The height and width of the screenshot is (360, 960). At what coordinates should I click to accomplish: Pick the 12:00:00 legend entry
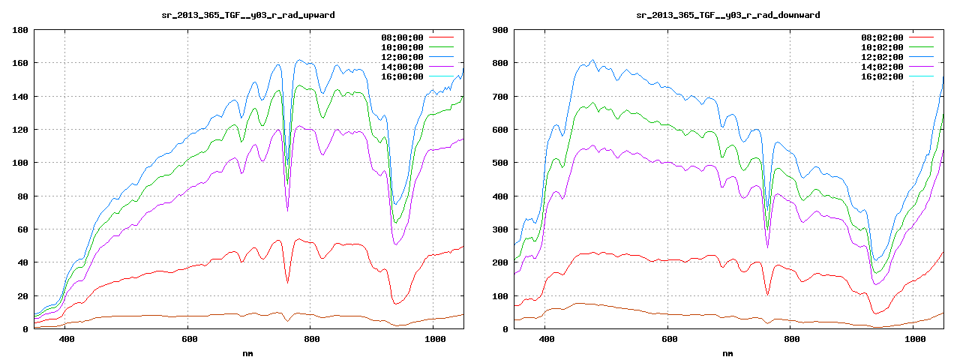[x=403, y=57]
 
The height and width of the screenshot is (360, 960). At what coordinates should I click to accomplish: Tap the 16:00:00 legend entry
[x=403, y=76]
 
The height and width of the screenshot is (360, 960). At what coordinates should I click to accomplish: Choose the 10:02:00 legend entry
[x=882, y=47]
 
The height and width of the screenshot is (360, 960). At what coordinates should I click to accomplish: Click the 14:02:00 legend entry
[x=882, y=67]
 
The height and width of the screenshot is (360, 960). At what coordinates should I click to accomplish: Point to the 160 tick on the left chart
[x=19, y=63]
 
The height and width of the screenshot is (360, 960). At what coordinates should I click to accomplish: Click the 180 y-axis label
[x=19, y=30]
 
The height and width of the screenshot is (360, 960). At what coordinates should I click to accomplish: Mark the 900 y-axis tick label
[x=499, y=30]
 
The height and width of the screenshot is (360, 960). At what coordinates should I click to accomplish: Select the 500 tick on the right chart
[x=499, y=163]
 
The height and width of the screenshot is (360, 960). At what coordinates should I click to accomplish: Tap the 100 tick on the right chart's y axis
[x=499, y=295]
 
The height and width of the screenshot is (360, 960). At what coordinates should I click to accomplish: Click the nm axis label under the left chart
[x=248, y=352]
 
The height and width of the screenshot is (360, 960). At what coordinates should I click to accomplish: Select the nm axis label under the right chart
[x=727, y=352]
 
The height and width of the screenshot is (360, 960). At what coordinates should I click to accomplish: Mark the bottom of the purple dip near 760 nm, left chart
[x=287, y=211]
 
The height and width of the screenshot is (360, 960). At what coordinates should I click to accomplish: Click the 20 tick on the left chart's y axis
[x=22, y=295]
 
